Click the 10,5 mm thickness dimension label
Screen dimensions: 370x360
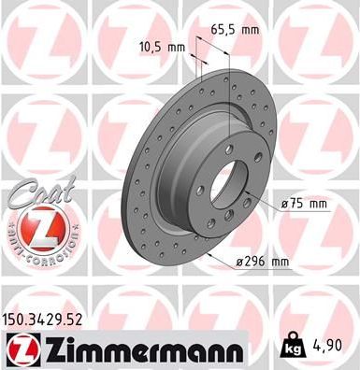coord(164,44)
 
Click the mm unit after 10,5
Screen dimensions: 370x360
coord(178,44)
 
